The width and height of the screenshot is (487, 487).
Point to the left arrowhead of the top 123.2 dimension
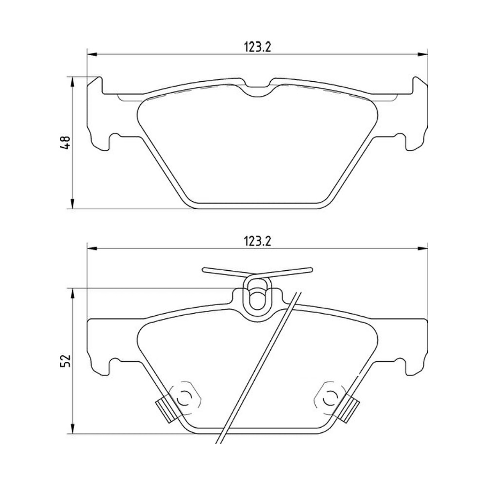pos(92,54)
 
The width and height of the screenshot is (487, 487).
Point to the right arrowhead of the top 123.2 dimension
pos(423,54)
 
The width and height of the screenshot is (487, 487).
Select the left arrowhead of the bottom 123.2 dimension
pos(92,247)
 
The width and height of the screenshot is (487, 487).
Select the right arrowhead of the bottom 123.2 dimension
pos(423,247)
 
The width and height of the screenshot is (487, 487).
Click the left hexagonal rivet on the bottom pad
pos(184,397)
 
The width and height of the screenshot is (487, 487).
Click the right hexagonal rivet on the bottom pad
pos(331,397)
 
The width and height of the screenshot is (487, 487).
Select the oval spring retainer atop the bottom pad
pos(257,295)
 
